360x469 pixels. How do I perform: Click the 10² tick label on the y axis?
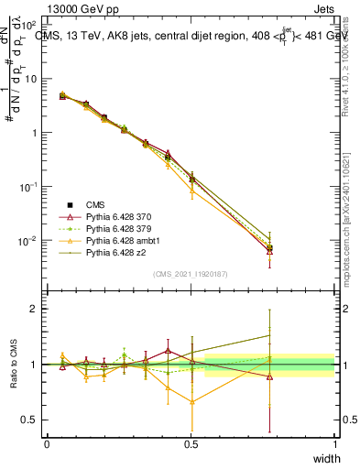click(x=27, y=25)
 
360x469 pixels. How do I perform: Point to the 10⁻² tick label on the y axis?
click(x=27, y=241)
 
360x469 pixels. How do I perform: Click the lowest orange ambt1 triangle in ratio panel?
click(x=191, y=401)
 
